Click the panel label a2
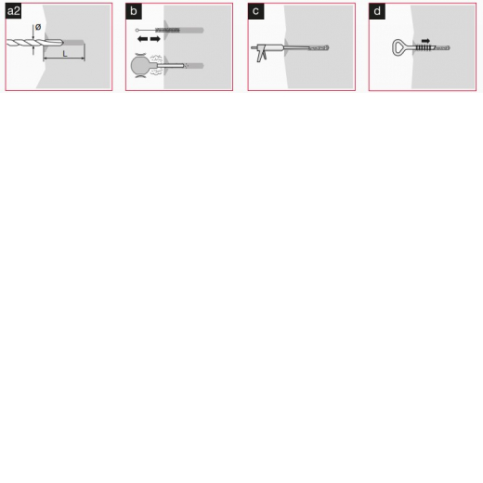(13, 11)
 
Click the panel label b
(134, 11)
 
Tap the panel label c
(255, 11)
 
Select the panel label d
(377, 11)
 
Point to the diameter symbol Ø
(38, 27)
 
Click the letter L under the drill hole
(65, 54)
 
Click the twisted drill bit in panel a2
(34, 43)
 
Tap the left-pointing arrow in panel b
(142, 39)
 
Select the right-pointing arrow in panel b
(155, 39)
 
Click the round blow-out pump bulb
(141, 66)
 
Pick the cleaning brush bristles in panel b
(167, 30)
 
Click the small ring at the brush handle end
(137, 30)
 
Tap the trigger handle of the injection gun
(262, 56)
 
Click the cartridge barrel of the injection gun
(271, 47)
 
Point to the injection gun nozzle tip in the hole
(319, 47)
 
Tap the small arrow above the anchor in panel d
(425, 41)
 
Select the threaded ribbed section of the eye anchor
(423, 47)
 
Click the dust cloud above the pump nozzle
(156, 58)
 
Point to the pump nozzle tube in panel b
(170, 66)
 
